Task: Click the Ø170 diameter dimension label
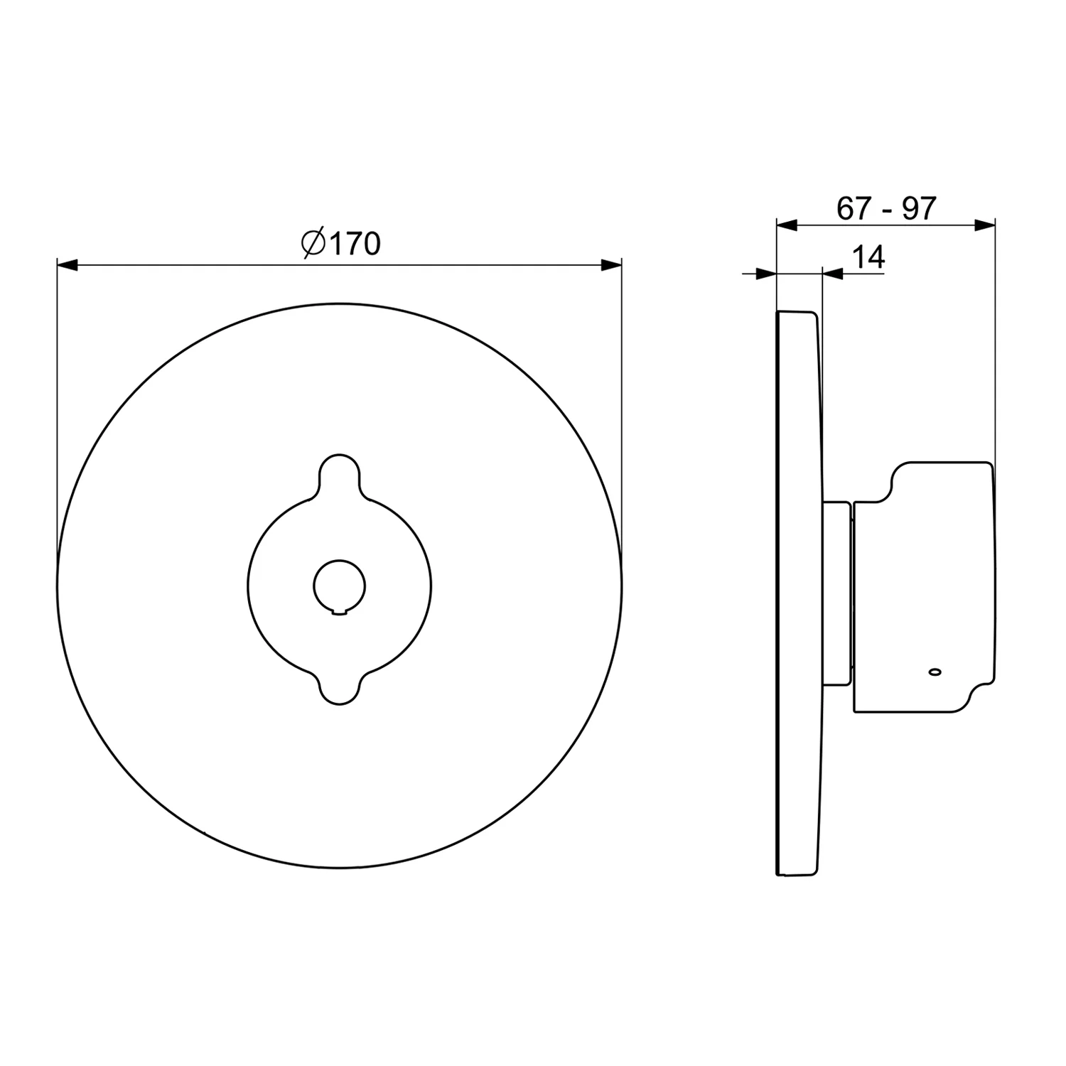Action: pyautogui.click(x=341, y=244)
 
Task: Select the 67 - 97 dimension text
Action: pyautogui.click(x=886, y=208)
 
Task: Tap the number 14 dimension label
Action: pyautogui.click(x=868, y=257)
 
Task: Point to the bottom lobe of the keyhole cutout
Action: pyautogui.click(x=340, y=686)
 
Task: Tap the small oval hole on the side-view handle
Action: pyautogui.click(x=934, y=671)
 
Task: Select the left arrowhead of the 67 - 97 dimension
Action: pyautogui.click(x=787, y=225)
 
